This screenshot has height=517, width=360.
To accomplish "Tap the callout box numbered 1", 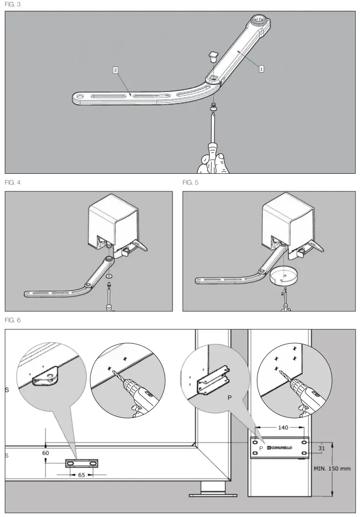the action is point(261,69).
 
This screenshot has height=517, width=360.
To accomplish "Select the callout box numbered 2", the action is point(115,70).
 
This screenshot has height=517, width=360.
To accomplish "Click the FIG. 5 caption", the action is point(191,183).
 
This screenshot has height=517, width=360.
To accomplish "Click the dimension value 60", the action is point(45,453).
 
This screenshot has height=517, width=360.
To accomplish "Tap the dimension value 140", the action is point(283,427).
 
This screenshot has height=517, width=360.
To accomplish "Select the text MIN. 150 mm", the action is point(332,468).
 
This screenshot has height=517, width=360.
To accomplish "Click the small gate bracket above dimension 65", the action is point(82,462).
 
